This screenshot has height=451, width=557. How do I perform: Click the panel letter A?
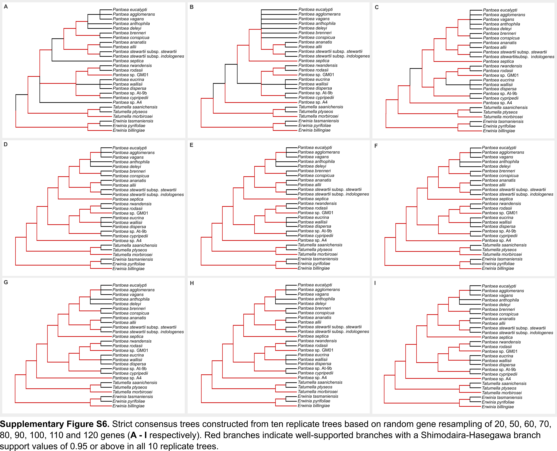[6, 7]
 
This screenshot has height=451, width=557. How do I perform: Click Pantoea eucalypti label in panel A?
[130, 10]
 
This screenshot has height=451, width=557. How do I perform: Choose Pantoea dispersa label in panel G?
[129, 364]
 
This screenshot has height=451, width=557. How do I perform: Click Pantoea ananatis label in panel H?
[314, 317]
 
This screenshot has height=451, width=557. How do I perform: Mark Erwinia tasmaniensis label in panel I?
[502, 397]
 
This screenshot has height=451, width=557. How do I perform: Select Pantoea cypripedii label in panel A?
[130, 98]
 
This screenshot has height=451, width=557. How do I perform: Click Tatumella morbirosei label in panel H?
[317, 391]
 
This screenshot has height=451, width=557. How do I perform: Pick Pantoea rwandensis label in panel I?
[501, 342]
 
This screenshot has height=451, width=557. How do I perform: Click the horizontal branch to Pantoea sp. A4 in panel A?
[75, 102]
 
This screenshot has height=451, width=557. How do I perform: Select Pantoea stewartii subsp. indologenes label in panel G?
[148, 332]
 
